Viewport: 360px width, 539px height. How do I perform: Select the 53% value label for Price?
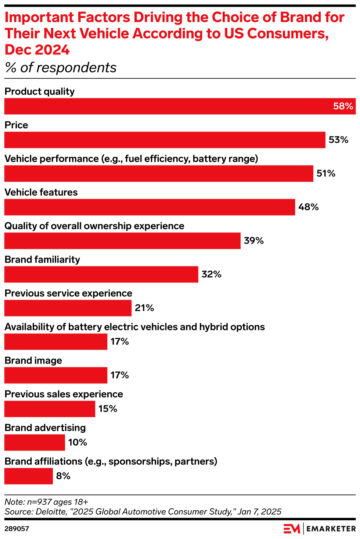[338, 140]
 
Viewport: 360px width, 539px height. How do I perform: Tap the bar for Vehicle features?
[150, 207]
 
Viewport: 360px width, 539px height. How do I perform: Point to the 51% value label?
[326, 174]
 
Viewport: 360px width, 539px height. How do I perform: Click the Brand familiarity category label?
[42, 260]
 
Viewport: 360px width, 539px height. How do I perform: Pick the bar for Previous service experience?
[68, 308]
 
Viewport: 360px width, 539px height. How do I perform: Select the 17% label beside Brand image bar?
[120, 375]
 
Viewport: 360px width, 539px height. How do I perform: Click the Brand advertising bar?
[35, 443]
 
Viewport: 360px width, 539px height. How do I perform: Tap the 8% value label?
[63, 476]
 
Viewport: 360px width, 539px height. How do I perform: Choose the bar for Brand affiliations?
[29, 476]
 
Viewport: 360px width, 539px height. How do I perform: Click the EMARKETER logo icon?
[292, 529]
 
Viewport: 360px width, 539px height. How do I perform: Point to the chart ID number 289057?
[17, 529]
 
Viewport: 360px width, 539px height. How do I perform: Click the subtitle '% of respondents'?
[61, 68]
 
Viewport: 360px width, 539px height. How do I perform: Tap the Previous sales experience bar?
[50, 409]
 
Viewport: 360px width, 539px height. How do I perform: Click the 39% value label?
[254, 241]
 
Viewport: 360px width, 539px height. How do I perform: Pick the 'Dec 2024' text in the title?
[37, 50]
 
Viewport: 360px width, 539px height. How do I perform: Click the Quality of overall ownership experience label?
[94, 226]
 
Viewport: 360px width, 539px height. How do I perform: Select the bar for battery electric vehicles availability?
[56, 342]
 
